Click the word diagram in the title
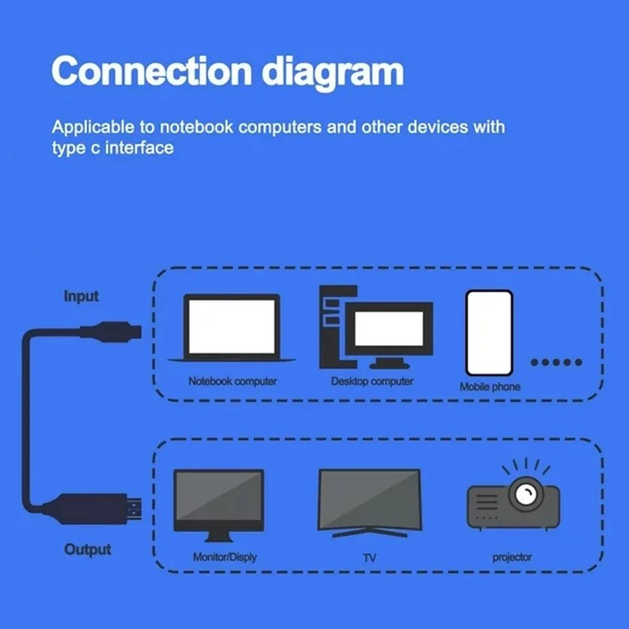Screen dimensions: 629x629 click(332, 72)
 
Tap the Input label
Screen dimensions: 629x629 click(81, 296)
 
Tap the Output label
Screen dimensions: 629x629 click(88, 549)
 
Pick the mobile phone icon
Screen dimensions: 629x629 click(489, 333)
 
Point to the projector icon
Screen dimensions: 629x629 click(513, 495)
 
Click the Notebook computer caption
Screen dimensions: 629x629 click(232, 381)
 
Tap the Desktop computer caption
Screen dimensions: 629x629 click(372, 381)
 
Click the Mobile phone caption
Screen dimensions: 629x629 click(490, 387)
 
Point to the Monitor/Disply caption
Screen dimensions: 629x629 click(224, 557)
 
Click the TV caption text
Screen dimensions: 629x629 click(370, 558)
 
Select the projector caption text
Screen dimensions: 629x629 click(512, 557)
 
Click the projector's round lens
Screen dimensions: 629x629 click(525, 493)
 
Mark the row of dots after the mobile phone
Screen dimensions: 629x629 click(556, 362)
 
